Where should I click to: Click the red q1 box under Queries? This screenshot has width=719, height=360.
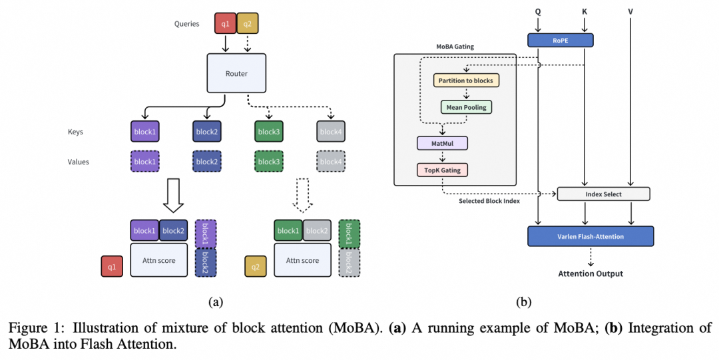click(x=226, y=23)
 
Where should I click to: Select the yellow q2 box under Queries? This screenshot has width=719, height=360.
click(x=247, y=23)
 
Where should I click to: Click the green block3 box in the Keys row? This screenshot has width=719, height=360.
click(x=269, y=132)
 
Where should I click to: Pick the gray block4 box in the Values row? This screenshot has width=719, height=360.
click(x=330, y=162)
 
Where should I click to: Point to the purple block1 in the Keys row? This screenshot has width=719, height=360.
click(x=145, y=132)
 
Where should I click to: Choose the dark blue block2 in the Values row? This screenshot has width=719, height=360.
click(x=206, y=162)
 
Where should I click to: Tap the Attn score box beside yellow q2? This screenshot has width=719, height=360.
click(x=302, y=260)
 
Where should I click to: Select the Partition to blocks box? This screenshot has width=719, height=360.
click(x=466, y=81)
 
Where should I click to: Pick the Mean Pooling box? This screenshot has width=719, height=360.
click(x=466, y=106)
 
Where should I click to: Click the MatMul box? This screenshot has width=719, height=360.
click(x=443, y=143)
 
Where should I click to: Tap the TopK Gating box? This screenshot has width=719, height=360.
click(x=443, y=170)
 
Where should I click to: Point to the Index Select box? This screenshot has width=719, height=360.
click(x=603, y=194)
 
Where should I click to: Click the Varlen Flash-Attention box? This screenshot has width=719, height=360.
click(x=591, y=236)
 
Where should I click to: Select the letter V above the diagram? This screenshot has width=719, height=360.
click(x=630, y=11)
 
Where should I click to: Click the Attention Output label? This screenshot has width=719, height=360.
click(x=591, y=273)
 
